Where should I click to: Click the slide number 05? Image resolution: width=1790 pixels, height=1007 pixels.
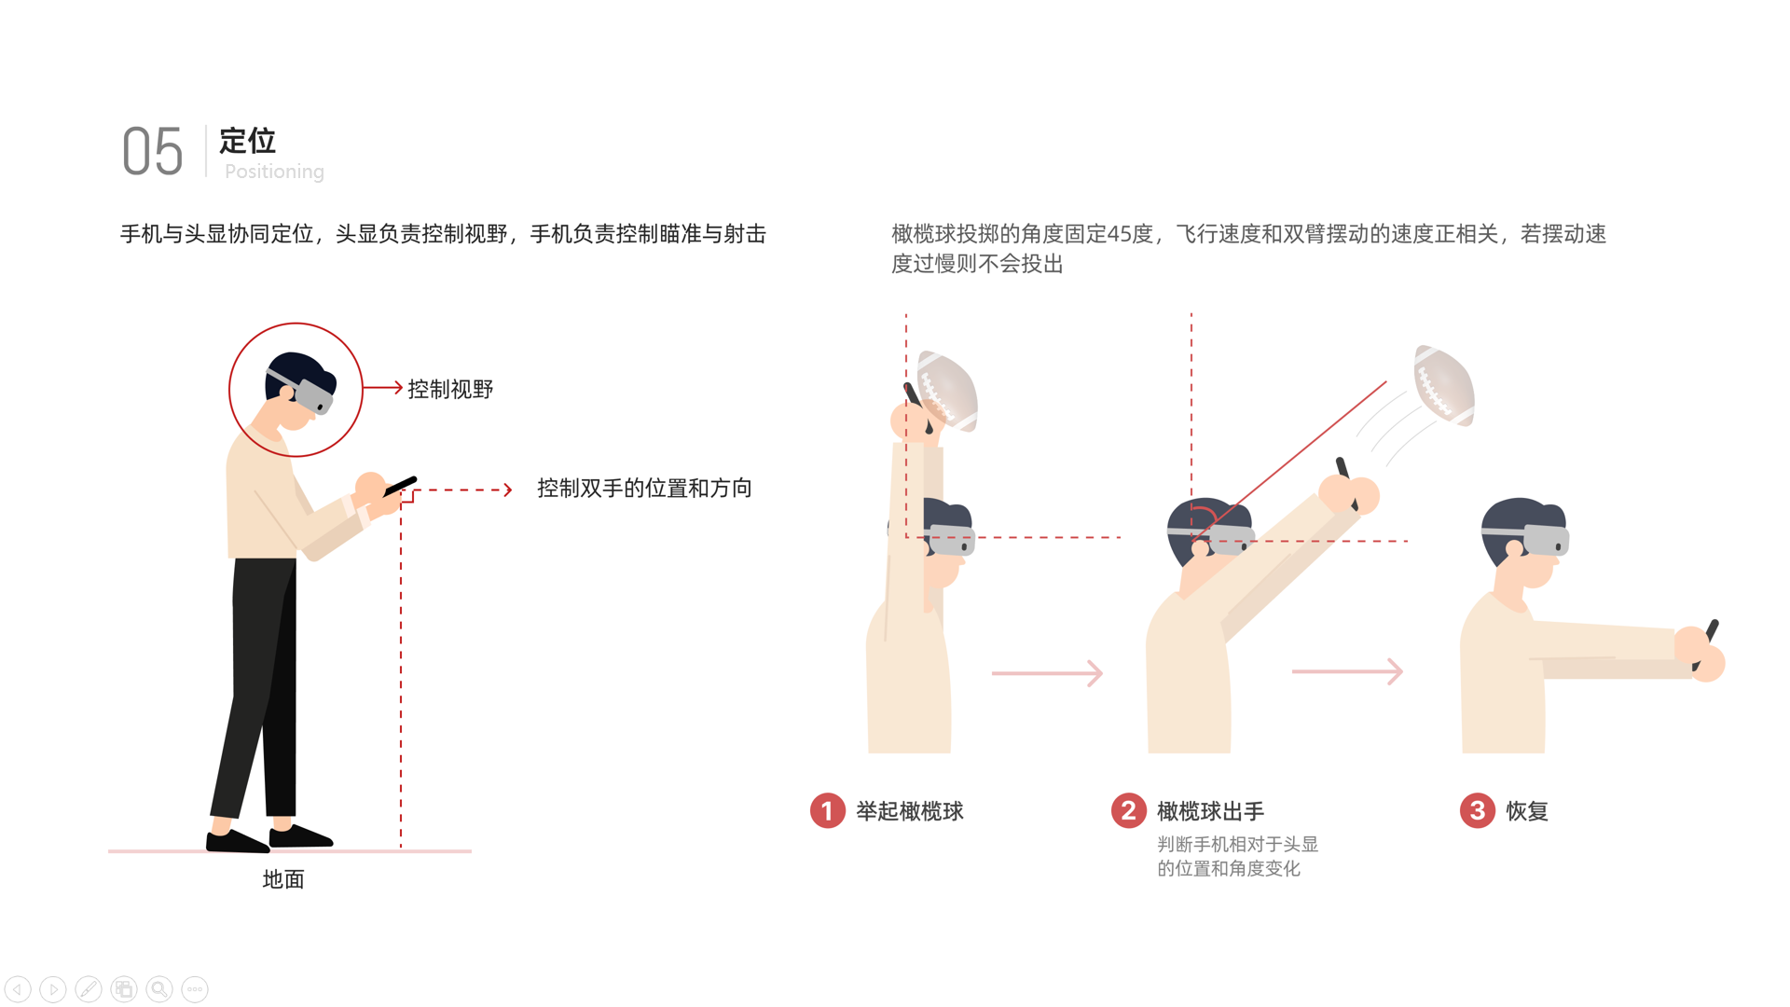click(153, 152)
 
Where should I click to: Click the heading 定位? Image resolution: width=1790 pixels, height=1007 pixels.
click(247, 141)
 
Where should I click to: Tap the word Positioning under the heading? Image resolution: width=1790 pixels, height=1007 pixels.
click(274, 172)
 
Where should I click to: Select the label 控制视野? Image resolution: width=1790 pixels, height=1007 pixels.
click(450, 390)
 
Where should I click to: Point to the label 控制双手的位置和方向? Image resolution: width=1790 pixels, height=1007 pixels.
click(644, 489)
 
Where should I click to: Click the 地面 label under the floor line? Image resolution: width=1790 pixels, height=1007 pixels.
click(283, 880)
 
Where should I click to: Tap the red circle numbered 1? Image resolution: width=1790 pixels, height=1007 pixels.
click(827, 811)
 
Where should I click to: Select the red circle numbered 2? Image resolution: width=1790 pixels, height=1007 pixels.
click(1128, 811)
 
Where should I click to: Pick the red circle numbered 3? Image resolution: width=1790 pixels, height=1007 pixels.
click(1477, 811)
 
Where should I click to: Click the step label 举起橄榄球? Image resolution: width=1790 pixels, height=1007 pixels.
click(910, 812)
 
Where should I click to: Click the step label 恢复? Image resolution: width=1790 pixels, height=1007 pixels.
click(1527, 812)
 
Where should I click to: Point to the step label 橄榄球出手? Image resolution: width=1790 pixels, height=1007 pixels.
click(1210, 812)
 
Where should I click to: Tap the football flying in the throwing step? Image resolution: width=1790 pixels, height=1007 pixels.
click(1444, 384)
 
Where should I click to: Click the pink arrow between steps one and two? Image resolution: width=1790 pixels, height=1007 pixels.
click(1047, 673)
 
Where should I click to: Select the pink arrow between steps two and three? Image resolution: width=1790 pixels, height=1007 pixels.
click(1347, 671)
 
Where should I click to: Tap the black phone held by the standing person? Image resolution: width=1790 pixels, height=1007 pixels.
click(401, 486)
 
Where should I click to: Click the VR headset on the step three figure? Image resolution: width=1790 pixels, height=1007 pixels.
click(1546, 539)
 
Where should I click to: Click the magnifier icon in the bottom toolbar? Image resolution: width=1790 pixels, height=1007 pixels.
click(159, 989)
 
